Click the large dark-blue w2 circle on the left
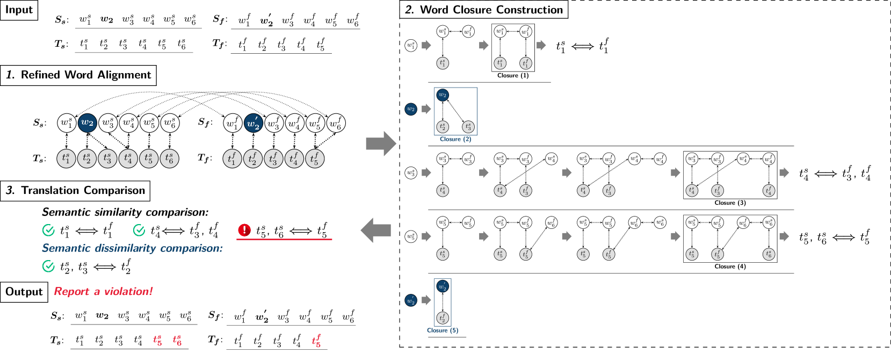[87, 123]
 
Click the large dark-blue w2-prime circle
[253, 123]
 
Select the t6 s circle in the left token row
[169, 159]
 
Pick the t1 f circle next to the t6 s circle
[232, 159]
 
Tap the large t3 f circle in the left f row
[273, 159]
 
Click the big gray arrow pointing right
[381, 143]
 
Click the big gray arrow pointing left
[375, 231]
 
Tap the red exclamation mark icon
[244, 230]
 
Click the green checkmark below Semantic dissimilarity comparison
[48, 266]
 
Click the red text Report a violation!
[103, 291]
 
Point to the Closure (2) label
[455, 139]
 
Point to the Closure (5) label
[443, 330]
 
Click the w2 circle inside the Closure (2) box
[443, 95]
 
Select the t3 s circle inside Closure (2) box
[468, 127]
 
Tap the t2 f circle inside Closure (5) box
[443, 318]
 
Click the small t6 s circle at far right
[769, 254]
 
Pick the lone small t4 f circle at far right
[769, 190]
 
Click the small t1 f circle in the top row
[526, 63]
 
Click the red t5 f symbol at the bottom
[316, 341]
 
